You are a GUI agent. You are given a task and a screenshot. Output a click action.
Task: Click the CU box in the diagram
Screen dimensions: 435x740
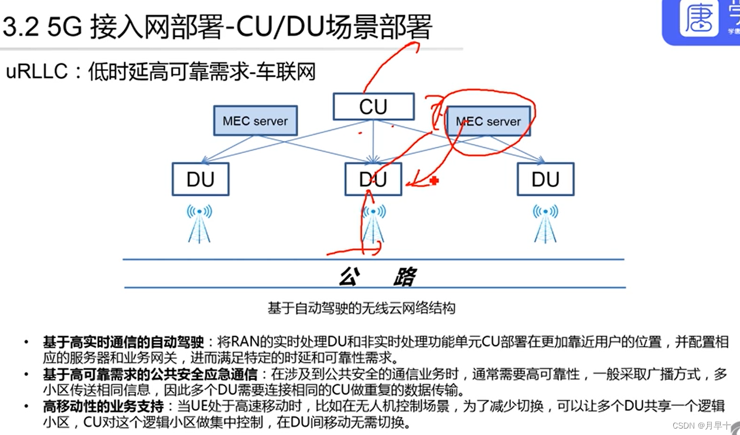click(x=373, y=107)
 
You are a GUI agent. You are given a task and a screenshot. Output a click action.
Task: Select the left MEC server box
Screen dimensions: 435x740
click(x=255, y=121)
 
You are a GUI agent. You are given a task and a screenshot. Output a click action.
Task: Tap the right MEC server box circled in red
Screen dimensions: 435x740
click(x=488, y=121)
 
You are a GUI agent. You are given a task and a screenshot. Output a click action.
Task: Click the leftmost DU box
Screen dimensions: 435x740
click(x=200, y=179)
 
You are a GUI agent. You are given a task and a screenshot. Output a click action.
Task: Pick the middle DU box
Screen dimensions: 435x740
click(x=373, y=179)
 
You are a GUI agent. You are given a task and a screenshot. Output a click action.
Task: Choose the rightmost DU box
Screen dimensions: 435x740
click(x=545, y=179)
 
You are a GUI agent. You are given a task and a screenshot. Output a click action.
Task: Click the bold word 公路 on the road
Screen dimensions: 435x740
click(x=378, y=276)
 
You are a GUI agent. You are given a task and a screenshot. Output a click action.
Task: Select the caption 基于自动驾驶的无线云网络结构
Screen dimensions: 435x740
click(x=362, y=307)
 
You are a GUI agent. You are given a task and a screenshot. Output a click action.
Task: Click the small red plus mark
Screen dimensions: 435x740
click(x=434, y=181)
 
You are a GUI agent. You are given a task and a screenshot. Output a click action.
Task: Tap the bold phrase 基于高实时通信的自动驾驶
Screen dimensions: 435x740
click(x=123, y=342)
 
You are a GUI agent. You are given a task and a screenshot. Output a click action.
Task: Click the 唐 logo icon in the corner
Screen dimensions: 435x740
click(x=699, y=19)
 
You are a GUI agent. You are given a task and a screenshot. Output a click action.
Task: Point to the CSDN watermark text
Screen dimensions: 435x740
click(x=701, y=426)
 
